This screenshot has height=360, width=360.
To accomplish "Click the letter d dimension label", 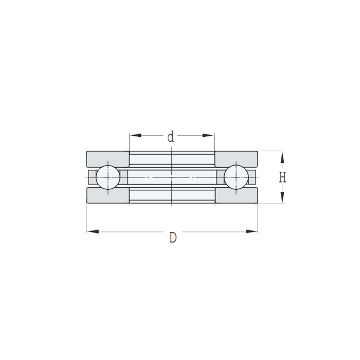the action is coord(171,137).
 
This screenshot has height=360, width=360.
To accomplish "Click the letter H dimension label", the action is coord(282,177).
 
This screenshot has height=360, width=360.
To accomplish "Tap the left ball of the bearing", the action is coord(108,177).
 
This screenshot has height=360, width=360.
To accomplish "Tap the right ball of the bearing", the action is coord(236,177).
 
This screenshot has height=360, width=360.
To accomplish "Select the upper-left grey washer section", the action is coord(107,159).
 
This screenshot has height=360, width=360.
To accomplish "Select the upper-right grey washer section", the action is coord(236,159).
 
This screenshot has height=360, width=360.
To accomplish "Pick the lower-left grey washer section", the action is coord(107,195).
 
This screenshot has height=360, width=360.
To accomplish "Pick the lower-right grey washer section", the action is coord(236,195).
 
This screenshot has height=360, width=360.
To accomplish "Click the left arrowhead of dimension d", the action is coord(135,135).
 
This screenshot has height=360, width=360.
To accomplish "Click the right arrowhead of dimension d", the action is coord(208,135).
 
